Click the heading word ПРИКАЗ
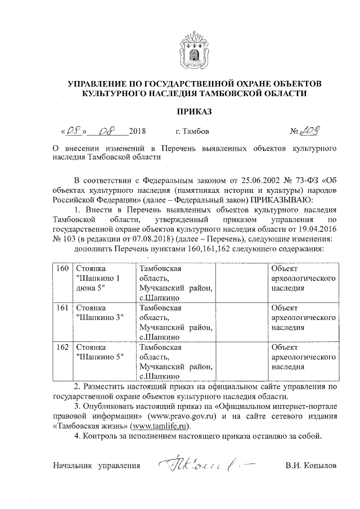pos(194,112)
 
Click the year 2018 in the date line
pos(137,132)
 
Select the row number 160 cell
pos(62,268)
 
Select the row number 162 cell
pos(62,347)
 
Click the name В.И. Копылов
pos(311,466)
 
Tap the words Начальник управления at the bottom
pos(96,466)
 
